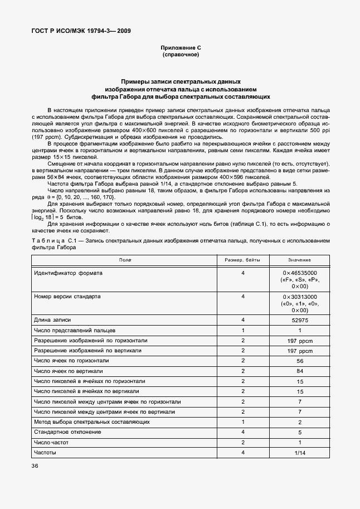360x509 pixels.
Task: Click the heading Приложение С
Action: click(x=180, y=49)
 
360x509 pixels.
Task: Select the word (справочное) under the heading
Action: click(x=180, y=55)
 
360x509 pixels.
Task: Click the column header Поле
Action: click(x=125, y=260)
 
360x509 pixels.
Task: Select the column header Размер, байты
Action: click(x=243, y=260)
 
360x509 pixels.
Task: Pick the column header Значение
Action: click(x=299, y=260)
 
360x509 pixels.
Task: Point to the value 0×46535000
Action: click(x=299, y=273)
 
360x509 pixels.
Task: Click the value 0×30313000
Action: click(x=299, y=297)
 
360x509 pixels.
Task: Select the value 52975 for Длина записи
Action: click(x=299, y=320)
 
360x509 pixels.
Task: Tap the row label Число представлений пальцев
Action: click(x=74, y=330)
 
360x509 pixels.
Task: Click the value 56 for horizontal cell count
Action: click(x=299, y=361)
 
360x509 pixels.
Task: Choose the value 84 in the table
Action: click(x=299, y=371)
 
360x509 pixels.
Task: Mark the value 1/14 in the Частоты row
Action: click(x=299, y=452)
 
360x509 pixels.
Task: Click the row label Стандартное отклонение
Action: click(x=67, y=432)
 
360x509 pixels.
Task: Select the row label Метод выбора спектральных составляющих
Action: click(x=91, y=421)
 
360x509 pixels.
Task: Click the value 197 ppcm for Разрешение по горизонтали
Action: click(x=299, y=341)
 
